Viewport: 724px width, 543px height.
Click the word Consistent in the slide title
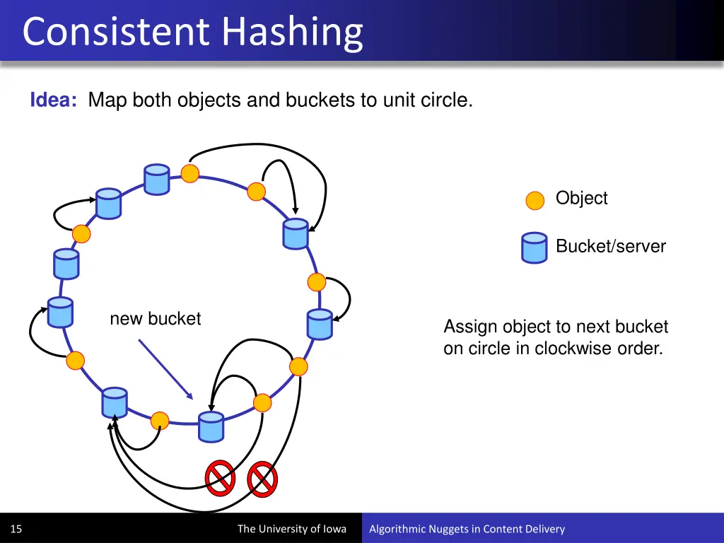pos(117,32)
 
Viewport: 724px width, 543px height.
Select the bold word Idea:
pos(54,100)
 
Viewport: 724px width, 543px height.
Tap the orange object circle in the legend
pos(535,200)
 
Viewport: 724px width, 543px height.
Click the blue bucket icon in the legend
pos(534,247)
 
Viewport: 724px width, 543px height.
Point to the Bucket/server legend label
pos(610,246)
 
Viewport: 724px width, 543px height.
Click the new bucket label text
pos(155,319)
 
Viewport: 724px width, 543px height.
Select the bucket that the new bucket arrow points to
pos(210,427)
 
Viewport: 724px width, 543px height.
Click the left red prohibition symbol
pos(219,478)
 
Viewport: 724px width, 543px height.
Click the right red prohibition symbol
pos(262,479)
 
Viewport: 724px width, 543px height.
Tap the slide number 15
pos(16,529)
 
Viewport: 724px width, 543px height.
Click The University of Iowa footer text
pos(291,529)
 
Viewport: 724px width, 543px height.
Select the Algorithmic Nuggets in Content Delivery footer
pos(467,529)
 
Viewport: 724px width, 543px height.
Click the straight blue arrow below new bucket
pos(165,368)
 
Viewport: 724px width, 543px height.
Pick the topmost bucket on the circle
pos(156,179)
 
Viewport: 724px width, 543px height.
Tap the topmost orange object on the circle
pos(189,173)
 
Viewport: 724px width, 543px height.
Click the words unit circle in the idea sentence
pos(427,100)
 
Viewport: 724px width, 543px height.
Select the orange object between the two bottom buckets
pos(160,421)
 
